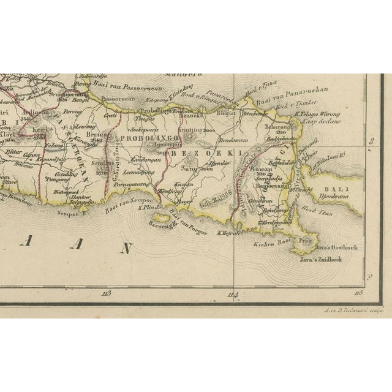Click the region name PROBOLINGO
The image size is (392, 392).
click(x=149, y=139)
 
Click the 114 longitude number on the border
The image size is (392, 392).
click(x=232, y=295)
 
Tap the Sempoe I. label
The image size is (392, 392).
click(x=73, y=216)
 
